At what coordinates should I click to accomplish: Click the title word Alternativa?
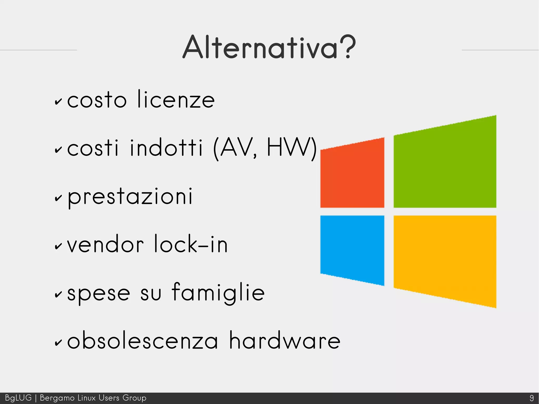pos(269,47)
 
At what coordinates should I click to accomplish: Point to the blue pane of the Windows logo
pos(352,249)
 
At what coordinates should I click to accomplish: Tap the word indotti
pos(166,148)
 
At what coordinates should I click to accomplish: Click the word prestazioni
pos(130,197)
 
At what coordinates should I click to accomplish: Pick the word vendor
pos(105,244)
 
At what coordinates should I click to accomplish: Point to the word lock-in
pos(191,244)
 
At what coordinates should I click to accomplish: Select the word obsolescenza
pos(142,341)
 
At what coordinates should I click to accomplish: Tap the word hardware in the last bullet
pos(285,341)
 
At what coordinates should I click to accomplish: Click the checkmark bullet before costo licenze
pos(58,102)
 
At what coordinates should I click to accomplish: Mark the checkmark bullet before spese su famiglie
pos(58,295)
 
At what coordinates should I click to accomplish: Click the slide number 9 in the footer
pos(532,398)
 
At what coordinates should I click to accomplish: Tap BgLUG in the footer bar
pos(18,398)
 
